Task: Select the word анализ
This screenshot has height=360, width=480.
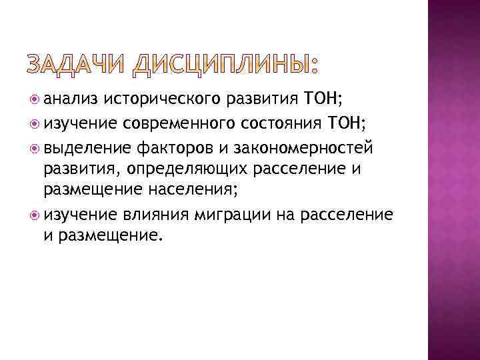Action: pyautogui.click(x=72, y=101)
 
